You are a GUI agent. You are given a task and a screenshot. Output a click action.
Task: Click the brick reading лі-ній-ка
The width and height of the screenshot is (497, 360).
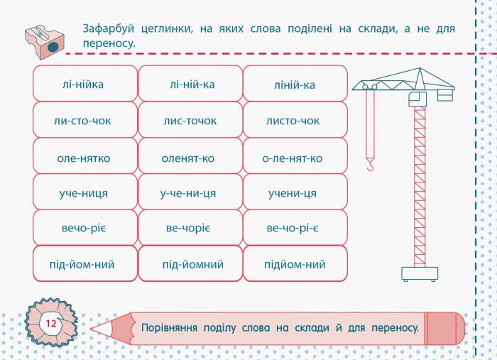click(190, 84)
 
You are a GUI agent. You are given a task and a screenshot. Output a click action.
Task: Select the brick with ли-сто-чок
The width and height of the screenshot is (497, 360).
click(85, 120)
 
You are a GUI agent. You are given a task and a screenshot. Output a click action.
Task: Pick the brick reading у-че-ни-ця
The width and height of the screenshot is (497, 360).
click(190, 192)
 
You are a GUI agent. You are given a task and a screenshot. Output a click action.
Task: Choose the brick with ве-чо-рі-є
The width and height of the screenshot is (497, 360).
click(295, 227)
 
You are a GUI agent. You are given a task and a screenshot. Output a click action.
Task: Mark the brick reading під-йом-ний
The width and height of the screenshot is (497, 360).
click(85, 263)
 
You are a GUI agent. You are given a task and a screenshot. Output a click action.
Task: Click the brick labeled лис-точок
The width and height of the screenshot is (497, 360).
click(190, 120)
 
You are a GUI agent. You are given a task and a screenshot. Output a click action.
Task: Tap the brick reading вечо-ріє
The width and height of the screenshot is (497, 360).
click(85, 227)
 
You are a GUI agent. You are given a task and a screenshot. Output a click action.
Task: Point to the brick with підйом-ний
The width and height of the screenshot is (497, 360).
click(295, 263)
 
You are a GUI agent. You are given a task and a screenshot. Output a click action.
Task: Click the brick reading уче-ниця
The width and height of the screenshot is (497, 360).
click(85, 192)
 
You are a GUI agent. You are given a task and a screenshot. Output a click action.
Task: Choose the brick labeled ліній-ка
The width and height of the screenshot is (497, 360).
click(295, 84)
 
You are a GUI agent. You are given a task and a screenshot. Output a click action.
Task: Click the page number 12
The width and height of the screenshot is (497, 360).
click(50, 324)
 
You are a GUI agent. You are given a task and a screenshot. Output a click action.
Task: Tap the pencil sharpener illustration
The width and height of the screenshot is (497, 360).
click(44, 42)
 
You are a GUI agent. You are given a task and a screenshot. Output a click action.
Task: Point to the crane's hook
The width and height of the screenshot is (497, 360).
click(370, 165)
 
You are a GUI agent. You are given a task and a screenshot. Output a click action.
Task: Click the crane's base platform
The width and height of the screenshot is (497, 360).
click(420, 274)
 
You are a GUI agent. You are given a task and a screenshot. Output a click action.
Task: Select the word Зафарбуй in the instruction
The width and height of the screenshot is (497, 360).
click(109, 29)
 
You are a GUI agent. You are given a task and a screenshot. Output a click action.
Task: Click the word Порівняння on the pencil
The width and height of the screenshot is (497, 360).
click(169, 327)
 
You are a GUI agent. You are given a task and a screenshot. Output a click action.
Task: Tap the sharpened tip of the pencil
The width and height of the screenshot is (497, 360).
click(92, 329)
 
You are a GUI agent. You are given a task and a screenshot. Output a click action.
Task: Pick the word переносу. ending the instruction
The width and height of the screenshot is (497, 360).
click(109, 43)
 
